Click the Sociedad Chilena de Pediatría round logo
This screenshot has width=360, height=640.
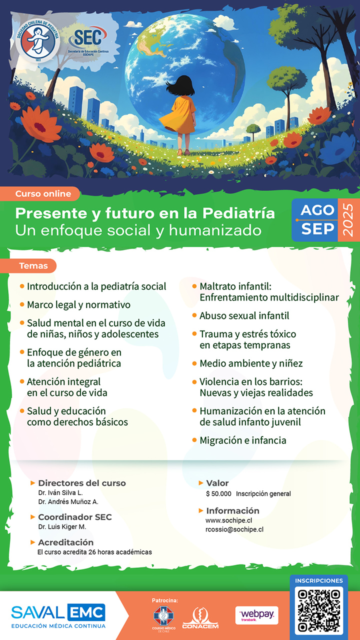point(38,40)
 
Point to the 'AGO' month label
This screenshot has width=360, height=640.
point(317,210)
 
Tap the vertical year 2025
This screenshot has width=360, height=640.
point(347,219)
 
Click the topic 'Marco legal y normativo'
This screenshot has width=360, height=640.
point(78,305)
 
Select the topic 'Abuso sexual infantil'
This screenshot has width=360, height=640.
point(244,315)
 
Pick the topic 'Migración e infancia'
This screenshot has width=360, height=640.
point(243,440)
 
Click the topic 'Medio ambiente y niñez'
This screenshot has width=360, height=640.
point(251,363)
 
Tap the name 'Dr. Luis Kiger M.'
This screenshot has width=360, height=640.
point(62,526)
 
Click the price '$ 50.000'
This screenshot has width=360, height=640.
point(218,493)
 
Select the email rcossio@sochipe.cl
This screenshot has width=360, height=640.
point(234,529)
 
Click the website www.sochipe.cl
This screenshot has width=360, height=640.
point(228,520)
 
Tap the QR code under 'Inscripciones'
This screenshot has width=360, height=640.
point(319,610)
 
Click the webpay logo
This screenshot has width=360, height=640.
point(256,615)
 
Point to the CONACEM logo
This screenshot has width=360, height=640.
point(200,618)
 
